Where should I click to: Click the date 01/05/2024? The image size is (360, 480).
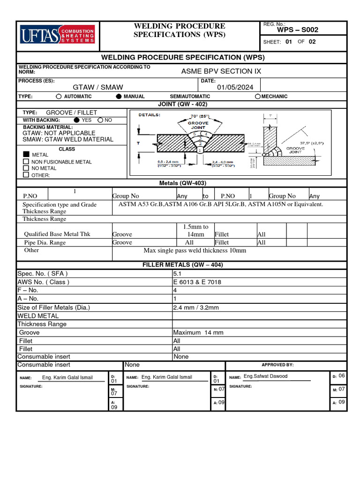(x=235, y=87)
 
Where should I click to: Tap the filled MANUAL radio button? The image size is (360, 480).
(x=119, y=97)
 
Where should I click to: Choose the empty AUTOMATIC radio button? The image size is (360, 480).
(x=59, y=97)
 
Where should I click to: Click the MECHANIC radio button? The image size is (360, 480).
(x=258, y=97)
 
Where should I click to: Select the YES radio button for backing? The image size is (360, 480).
(x=77, y=120)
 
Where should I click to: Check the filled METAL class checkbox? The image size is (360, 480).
(x=26, y=154)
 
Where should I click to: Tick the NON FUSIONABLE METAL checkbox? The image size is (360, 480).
(x=26, y=162)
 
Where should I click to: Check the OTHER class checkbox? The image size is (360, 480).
(x=26, y=175)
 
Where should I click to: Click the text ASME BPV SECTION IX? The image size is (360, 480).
(x=221, y=71)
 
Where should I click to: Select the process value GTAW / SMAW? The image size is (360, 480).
(x=98, y=87)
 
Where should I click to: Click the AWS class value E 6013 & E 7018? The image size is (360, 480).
(x=197, y=282)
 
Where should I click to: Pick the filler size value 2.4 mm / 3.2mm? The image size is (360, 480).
(x=196, y=307)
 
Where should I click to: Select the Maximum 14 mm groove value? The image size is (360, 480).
(x=198, y=332)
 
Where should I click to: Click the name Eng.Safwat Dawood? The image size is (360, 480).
(x=265, y=376)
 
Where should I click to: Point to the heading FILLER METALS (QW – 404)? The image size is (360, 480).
(x=182, y=265)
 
